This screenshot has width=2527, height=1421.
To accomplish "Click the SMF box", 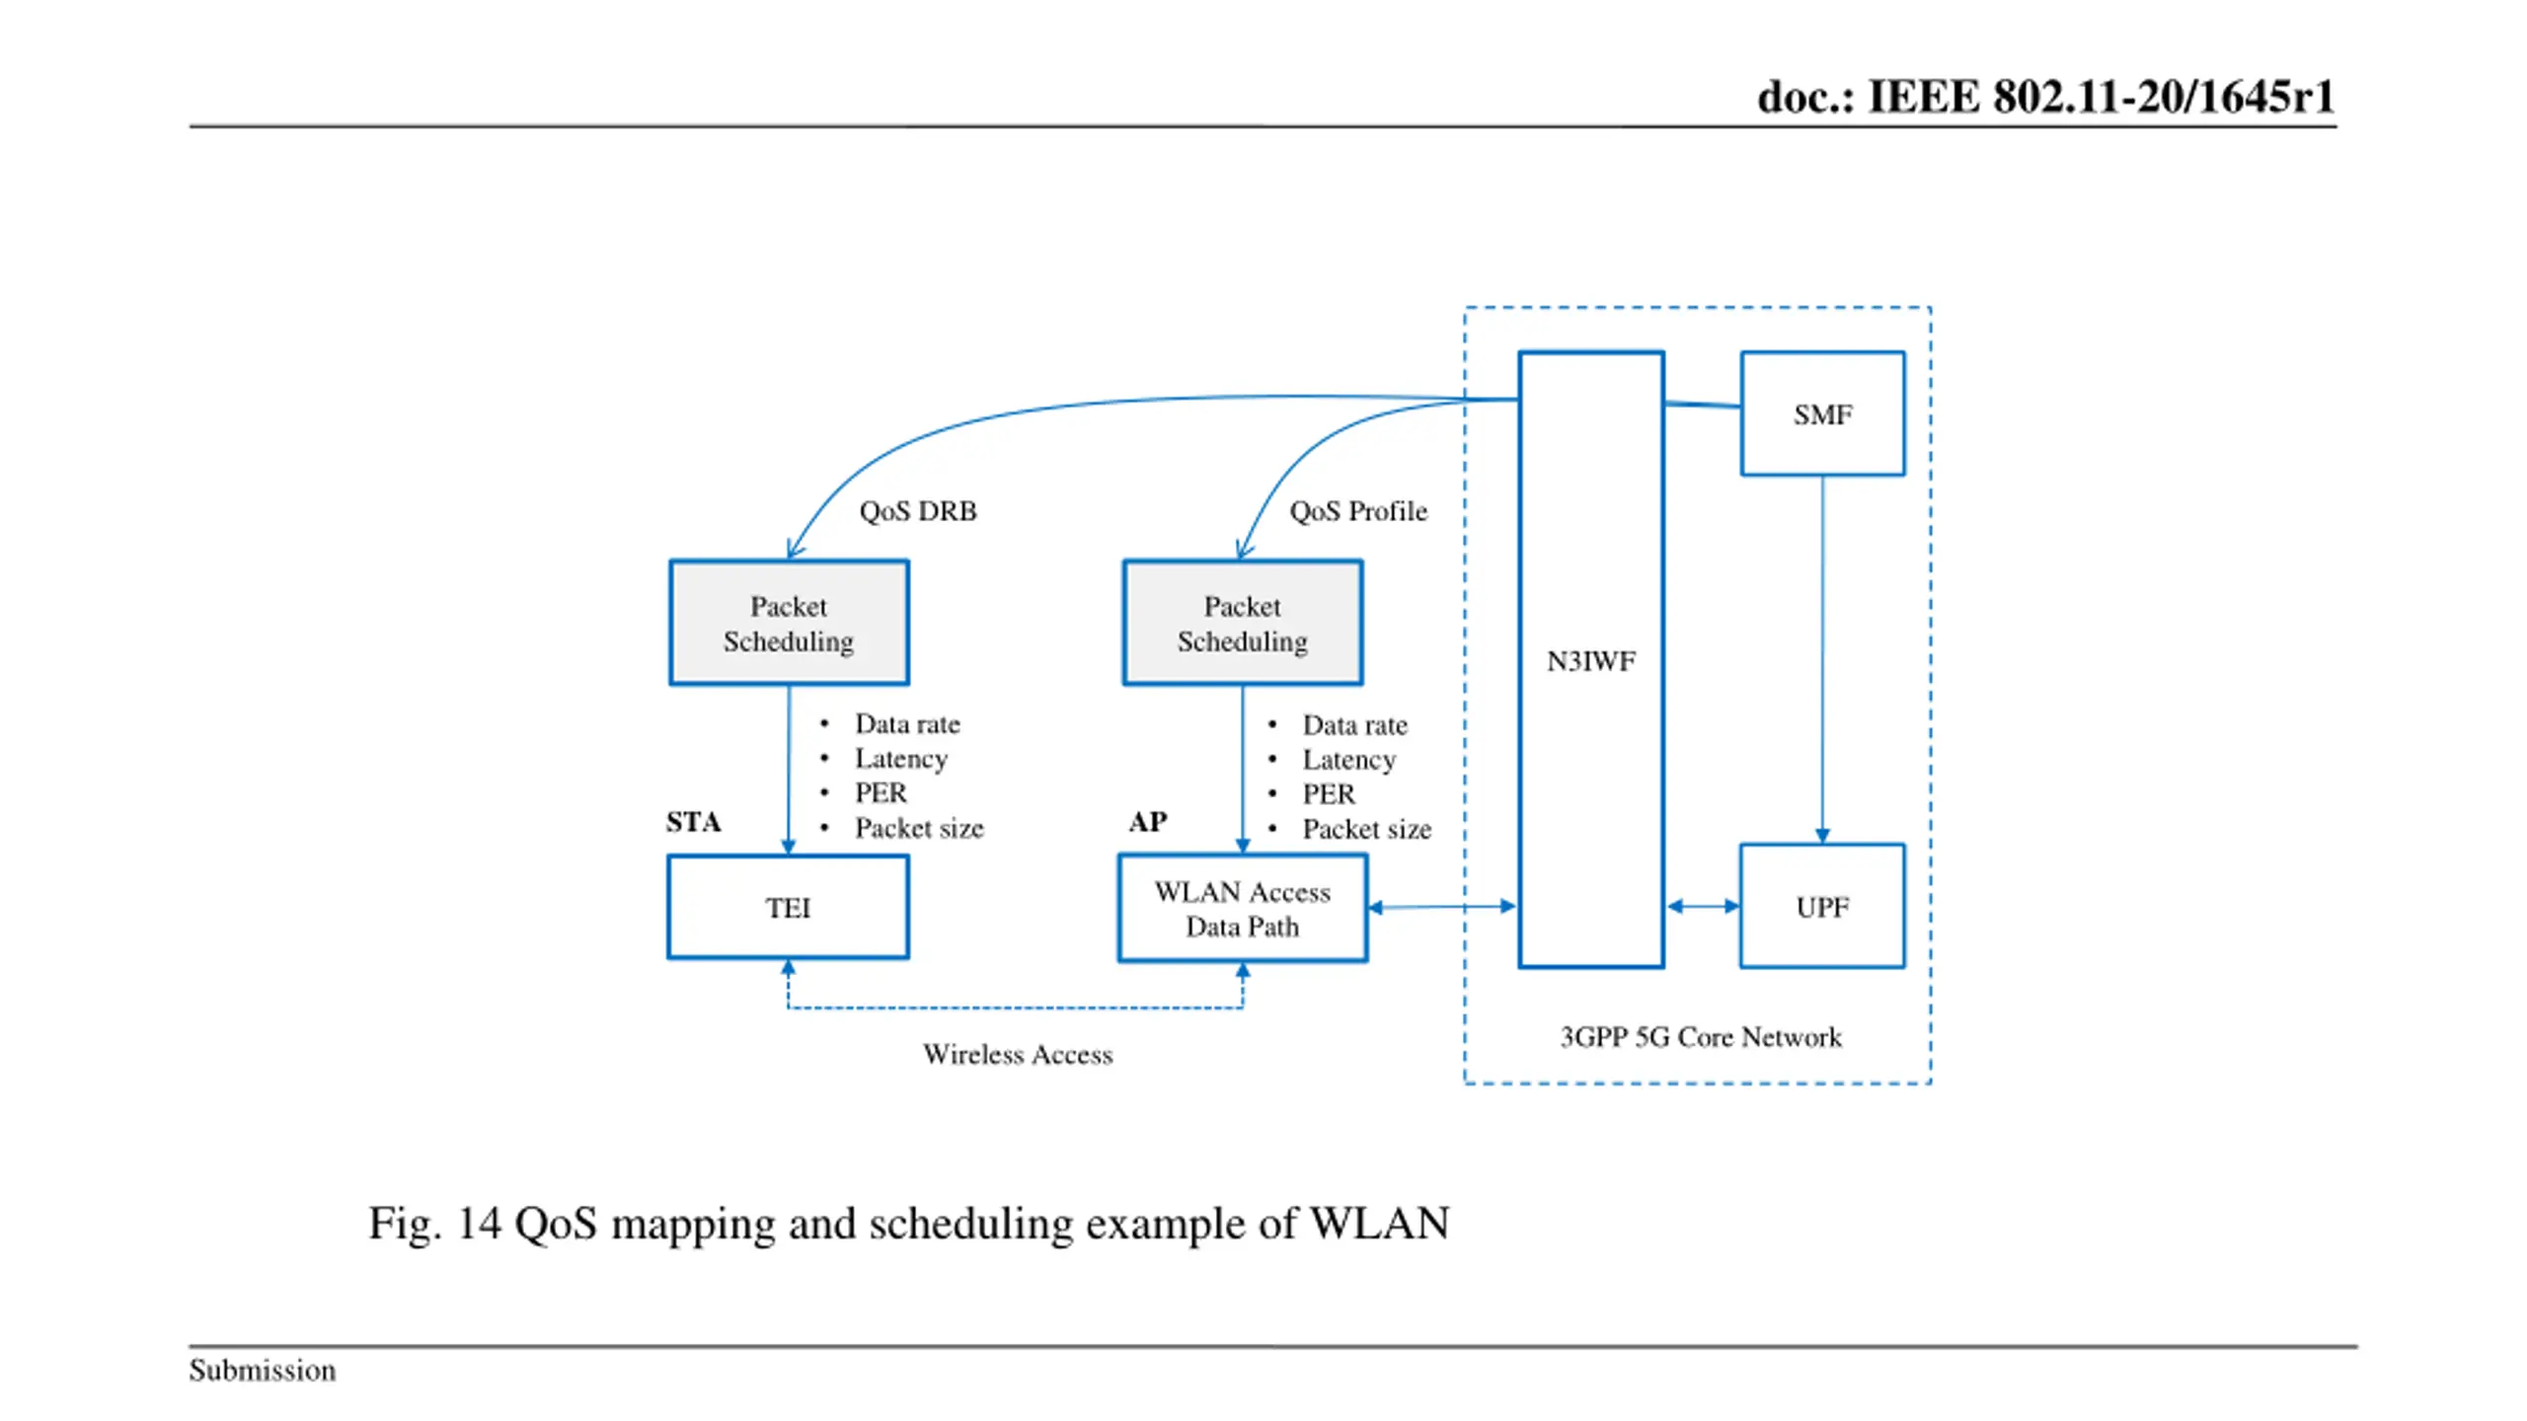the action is pos(1822,413).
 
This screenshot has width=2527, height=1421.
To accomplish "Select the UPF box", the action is pos(1822,906).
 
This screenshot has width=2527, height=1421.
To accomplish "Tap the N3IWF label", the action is pos(1590,661).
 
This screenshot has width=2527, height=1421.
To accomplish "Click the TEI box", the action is pos(788,907).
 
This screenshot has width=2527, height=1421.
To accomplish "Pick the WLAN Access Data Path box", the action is pos(1243,908).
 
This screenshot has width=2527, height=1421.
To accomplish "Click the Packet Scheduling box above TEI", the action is pos(789,623).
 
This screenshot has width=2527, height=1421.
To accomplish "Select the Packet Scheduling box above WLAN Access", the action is pos(1243,623).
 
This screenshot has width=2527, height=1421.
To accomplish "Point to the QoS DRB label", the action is pos(918,511).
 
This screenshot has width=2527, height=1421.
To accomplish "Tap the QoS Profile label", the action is pos(1358,511).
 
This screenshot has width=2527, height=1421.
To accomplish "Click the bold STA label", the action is pos(693,822).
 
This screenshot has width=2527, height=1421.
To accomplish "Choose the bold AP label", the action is pos(1148,822).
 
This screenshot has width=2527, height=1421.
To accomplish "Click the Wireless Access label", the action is pos(1018,1055).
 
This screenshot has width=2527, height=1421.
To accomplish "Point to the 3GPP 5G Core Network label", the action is pos(1701,1037).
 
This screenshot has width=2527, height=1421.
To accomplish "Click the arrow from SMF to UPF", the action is pos(1822,659).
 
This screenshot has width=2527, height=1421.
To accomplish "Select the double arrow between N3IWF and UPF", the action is pos(1703,906).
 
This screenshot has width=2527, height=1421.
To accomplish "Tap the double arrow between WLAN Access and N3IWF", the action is pos(1442,907).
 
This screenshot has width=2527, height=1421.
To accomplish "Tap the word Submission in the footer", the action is pos(263,1371).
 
